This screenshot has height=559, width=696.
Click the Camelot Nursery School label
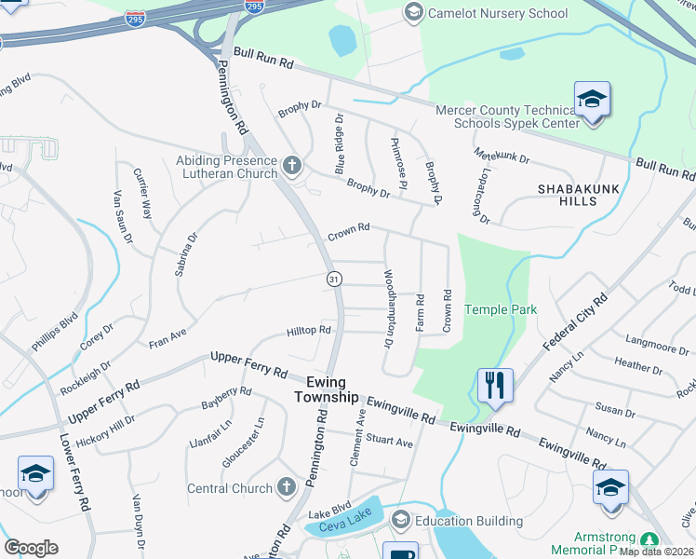click(x=497, y=13)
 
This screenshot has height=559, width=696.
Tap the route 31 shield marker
click(x=333, y=279)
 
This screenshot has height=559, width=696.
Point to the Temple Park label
click(x=501, y=309)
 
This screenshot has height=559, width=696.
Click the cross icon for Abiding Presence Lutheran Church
click(x=292, y=167)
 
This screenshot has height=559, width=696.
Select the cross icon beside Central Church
click(x=288, y=487)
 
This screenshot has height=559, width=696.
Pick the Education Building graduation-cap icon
click(x=402, y=519)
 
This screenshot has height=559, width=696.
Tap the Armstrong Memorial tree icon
click(x=649, y=538)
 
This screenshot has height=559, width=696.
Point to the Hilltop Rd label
click(x=309, y=331)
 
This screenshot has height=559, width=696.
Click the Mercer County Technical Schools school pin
click(x=592, y=100)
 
